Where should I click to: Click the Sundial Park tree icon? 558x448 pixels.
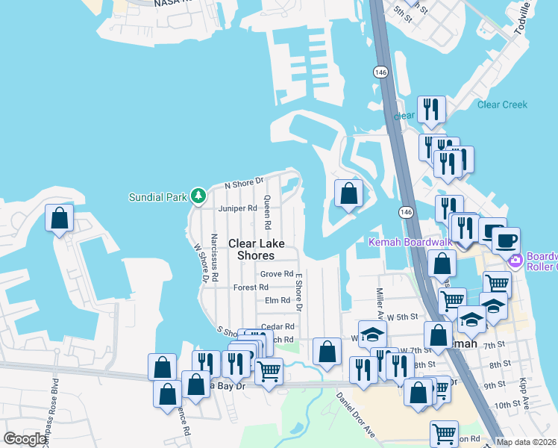pos(198,196)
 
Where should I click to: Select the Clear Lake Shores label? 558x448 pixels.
pos(251,249)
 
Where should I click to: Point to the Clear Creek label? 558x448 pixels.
pos(502,105)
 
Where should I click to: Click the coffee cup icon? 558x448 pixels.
pos(507,240)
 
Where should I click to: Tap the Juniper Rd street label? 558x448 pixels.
pos(237,208)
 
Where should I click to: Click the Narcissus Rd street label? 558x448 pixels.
pos(214,258)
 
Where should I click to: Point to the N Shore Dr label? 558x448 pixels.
pos(245,181)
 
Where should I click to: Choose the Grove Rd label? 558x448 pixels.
pos(276,274)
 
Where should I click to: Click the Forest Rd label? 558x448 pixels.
pos(251,287)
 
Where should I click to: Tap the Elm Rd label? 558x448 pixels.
pos(277,300)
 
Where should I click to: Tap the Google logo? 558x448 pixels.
pos(25,439)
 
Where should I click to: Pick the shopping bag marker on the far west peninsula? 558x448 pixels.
pos(60,218)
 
